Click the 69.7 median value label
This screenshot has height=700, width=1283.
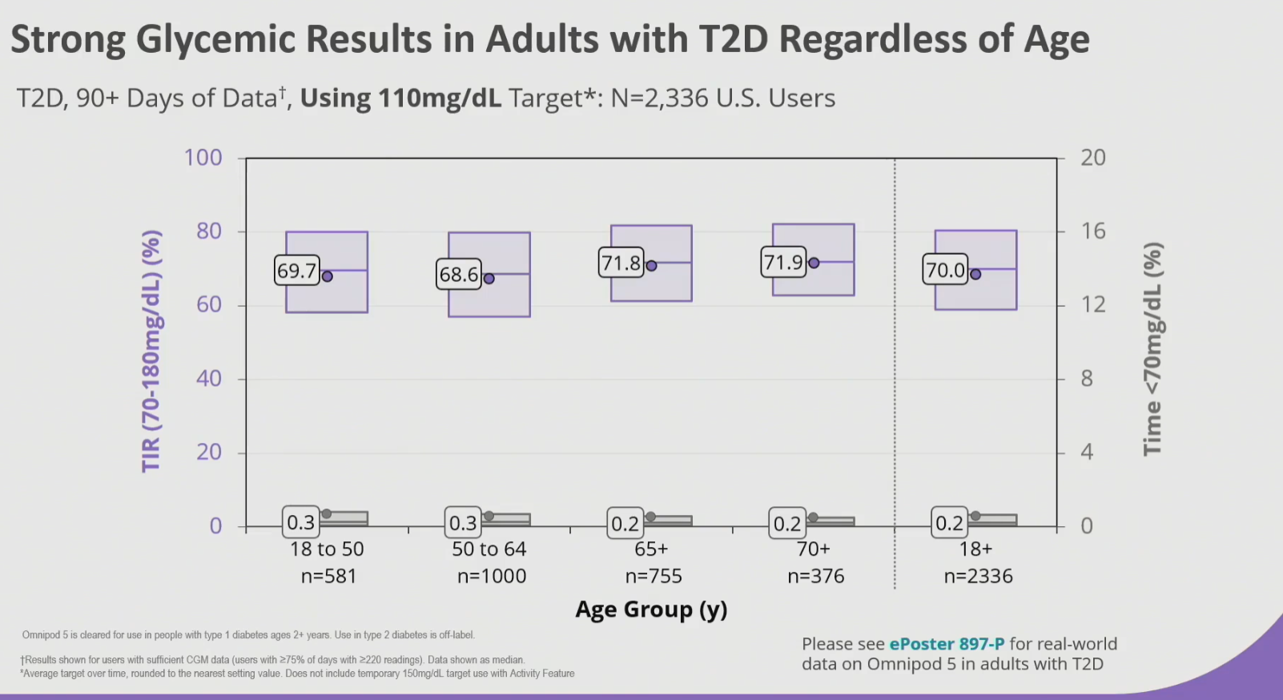(x=296, y=271)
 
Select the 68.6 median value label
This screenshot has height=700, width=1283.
(x=458, y=275)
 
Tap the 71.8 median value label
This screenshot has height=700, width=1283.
(x=621, y=263)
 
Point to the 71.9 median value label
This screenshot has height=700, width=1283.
(x=783, y=262)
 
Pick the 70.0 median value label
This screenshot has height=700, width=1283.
(x=945, y=270)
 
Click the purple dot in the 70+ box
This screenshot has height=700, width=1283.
(x=814, y=263)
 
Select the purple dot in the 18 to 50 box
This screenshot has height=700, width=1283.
(x=327, y=276)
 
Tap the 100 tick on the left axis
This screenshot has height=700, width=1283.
(x=203, y=157)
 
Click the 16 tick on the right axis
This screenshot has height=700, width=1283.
(x=1093, y=231)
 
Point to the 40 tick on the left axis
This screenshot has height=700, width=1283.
(x=209, y=378)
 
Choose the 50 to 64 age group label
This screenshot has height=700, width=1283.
(x=489, y=549)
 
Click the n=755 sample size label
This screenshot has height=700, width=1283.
(x=654, y=576)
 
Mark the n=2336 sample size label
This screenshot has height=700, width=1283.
(x=978, y=576)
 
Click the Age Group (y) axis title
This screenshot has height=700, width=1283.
(x=651, y=609)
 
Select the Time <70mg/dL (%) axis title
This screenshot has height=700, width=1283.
(x=1152, y=348)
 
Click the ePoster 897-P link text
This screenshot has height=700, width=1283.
(x=947, y=644)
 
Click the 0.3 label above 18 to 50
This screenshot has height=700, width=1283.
(x=301, y=523)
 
